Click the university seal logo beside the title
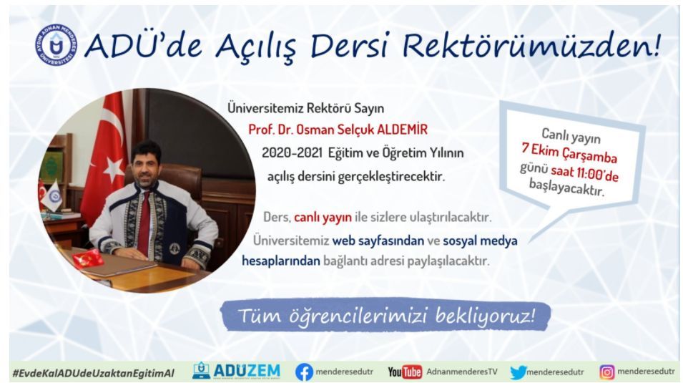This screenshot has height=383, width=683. pyautogui.click(x=56, y=45)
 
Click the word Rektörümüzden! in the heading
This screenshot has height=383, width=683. pyautogui.click(x=532, y=45)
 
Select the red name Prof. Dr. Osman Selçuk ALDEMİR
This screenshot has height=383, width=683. pyautogui.click(x=338, y=130)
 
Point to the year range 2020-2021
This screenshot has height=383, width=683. pyautogui.click(x=292, y=153)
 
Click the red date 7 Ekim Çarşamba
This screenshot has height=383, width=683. pyautogui.click(x=569, y=152)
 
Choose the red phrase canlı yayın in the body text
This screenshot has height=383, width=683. pyautogui.click(x=323, y=217)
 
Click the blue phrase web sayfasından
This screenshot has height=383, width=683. pyautogui.click(x=378, y=241)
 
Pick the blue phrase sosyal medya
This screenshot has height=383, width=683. pyautogui.click(x=480, y=241)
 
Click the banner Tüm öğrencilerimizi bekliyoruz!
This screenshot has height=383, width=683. pyautogui.click(x=386, y=315)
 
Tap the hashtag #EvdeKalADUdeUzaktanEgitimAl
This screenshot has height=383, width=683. pyautogui.click(x=93, y=373)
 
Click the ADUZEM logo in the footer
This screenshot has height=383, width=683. pyautogui.click(x=237, y=372)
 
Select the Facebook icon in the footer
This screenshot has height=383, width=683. pyautogui.click(x=304, y=372)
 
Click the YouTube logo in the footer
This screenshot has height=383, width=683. pyautogui.click(x=405, y=372)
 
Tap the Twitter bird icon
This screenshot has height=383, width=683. pyautogui.click(x=519, y=372)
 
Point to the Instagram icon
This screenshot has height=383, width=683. pyautogui.click(x=607, y=372)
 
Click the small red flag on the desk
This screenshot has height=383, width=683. pyautogui.click(x=88, y=258)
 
